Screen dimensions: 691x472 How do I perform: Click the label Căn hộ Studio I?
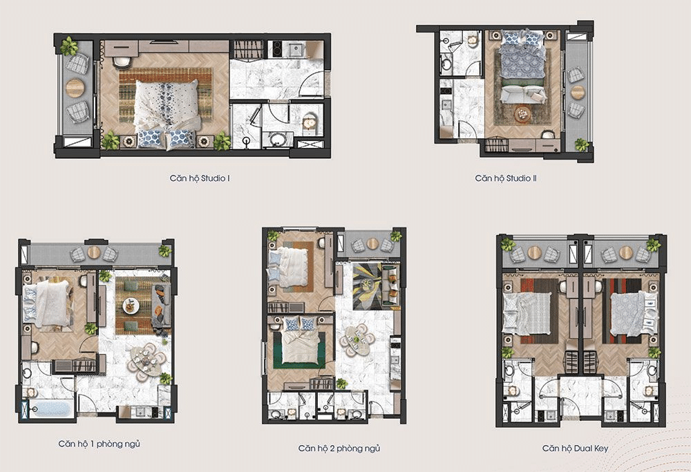(200, 178)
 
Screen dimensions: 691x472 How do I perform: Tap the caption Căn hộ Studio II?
(506, 178)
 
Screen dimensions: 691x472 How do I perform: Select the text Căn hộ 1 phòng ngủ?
(99, 444)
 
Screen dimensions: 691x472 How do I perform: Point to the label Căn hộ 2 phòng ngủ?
(339, 449)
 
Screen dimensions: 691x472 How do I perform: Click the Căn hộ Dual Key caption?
(575, 449)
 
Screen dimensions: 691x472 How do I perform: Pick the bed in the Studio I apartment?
(167, 113)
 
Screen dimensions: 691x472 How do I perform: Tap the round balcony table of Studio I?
(75, 88)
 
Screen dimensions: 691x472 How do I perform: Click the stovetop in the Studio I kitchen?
(277, 49)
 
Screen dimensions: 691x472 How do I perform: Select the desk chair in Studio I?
(122, 62)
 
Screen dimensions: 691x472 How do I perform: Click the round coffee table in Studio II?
(523, 114)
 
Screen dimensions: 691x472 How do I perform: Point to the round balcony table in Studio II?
(577, 92)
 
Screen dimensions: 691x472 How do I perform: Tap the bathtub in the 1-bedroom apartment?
(50, 408)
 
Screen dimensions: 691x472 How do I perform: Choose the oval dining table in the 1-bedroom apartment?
(145, 362)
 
